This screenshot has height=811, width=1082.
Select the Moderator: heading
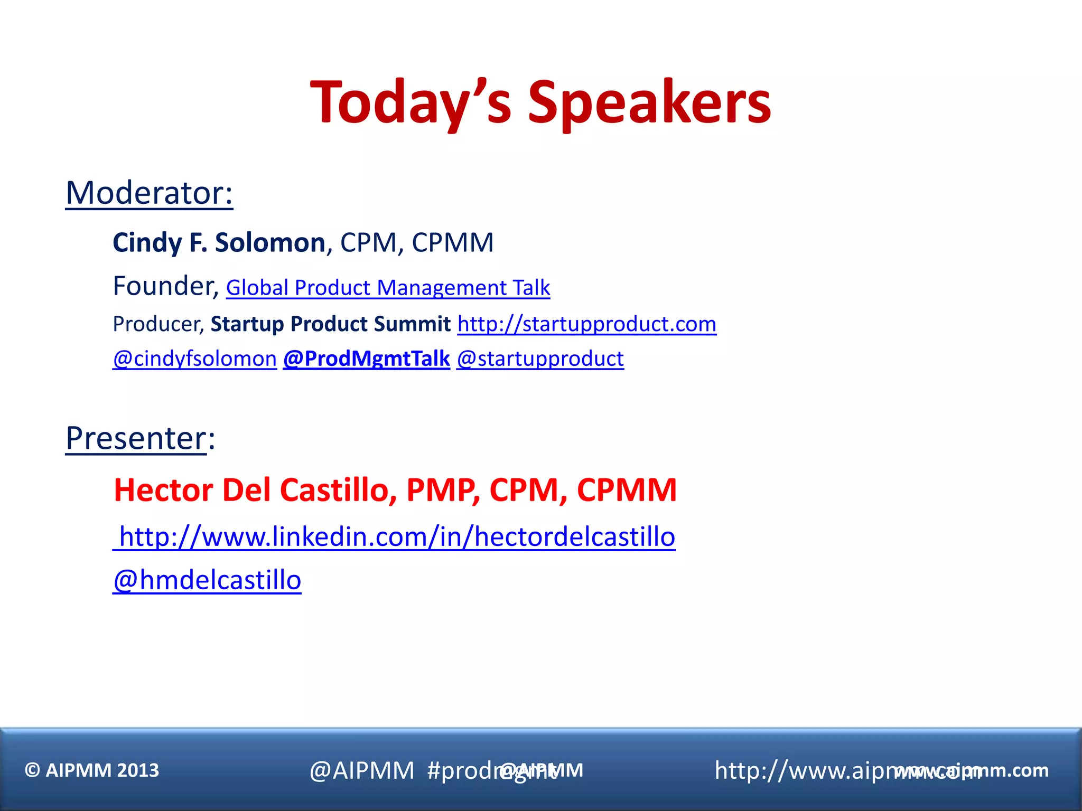click(149, 193)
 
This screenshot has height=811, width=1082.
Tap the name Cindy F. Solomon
click(219, 243)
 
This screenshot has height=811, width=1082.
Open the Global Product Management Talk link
click(388, 288)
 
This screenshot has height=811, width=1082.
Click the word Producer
click(158, 324)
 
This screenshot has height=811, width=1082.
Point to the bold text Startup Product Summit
click(331, 324)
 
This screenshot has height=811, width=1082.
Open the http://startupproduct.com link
click(586, 324)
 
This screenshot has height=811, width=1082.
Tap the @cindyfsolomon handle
click(194, 359)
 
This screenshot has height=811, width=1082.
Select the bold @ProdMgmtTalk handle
click(366, 359)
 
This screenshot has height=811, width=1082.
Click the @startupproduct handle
click(540, 359)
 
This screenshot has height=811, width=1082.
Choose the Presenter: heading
click(141, 438)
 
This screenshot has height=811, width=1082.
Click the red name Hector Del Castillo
click(251, 490)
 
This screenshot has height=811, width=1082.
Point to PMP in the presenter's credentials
click(443, 490)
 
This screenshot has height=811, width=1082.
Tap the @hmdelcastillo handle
click(207, 580)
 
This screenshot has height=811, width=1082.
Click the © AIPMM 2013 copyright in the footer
click(92, 770)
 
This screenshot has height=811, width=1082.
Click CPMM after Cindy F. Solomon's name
click(453, 243)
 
